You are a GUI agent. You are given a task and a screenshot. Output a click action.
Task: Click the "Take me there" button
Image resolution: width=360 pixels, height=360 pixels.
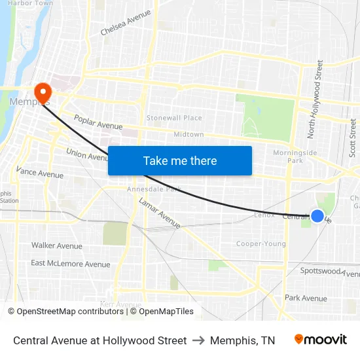(x=180, y=160)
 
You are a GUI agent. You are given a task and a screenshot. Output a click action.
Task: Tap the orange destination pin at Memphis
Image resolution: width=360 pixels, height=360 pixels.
(x=43, y=92)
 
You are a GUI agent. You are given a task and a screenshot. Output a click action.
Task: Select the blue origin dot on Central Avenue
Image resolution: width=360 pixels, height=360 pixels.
(x=317, y=216)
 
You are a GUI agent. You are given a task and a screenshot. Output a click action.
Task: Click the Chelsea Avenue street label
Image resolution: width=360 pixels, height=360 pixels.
(x=126, y=22)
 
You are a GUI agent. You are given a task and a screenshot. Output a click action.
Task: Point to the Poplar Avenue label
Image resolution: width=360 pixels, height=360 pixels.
(x=98, y=122)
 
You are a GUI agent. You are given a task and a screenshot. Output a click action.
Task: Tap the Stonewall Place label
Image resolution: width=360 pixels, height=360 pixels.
(x=174, y=118)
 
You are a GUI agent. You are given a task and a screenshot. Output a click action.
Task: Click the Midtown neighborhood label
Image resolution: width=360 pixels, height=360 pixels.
(x=189, y=134)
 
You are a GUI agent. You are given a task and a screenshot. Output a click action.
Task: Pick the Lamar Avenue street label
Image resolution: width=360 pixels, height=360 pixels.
(x=160, y=213)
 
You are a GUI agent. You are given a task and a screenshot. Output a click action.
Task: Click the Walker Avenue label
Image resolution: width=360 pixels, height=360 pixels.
(x=57, y=246)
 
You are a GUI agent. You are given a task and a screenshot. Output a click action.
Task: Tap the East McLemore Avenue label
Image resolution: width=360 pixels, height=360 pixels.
(x=71, y=264)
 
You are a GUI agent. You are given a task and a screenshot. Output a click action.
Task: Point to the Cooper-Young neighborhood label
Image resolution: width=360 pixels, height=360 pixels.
(x=261, y=244)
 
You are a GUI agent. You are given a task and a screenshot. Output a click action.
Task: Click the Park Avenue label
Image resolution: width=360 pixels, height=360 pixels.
(x=306, y=298)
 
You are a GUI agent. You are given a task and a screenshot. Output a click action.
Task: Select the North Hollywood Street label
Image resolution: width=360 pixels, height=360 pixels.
(x=315, y=99)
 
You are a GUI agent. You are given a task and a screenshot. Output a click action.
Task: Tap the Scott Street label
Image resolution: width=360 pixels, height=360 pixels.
(x=352, y=137)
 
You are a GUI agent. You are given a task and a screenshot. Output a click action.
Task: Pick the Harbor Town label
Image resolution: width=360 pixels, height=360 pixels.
(x=31, y=3)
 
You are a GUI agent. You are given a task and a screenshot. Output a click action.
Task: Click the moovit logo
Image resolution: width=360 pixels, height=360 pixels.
(x=320, y=340)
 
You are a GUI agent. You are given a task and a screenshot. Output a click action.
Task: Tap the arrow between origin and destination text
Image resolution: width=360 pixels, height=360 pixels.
(x=198, y=340)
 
